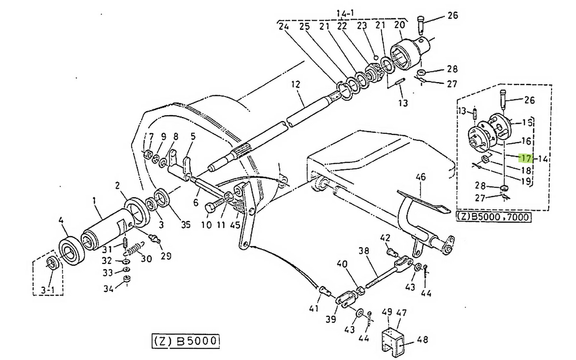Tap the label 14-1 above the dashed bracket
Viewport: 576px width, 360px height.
tap(345, 13)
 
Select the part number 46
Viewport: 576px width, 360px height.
tap(420, 177)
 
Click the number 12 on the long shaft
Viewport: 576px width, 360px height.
tap(296, 84)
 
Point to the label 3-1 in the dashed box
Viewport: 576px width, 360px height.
tap(48, 290)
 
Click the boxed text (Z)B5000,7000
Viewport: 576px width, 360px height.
tap(493, 217)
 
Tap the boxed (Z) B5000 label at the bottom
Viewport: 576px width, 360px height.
tap(185, 341)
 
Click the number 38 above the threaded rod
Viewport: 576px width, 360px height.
tap(364, 251)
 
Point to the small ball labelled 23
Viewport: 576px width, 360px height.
tap(376, 57)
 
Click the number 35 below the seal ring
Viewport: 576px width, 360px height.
tap(185, 225)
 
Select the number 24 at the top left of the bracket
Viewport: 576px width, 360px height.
tap(284, 26)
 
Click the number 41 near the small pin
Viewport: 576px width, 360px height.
tap(314, 308)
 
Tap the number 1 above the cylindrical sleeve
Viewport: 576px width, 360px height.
tap(94, 201)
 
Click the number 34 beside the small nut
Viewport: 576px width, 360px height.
tap(108, 289)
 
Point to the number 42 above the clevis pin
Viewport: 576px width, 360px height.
tap(385, 238)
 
